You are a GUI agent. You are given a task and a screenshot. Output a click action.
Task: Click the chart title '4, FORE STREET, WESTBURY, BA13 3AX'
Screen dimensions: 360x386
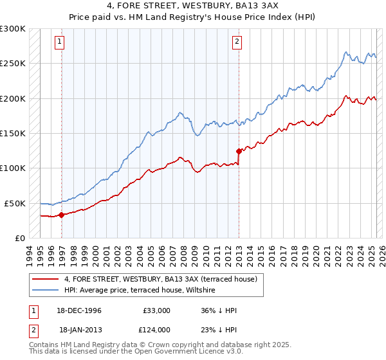(x=193, y=5)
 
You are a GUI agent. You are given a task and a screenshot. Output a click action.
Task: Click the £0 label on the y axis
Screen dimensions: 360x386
(x=21, y=238)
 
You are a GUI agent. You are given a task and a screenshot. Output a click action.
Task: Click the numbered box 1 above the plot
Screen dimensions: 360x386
(x=59, y=42)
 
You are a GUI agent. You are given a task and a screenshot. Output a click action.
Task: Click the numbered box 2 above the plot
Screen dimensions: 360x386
(x=237, y=42)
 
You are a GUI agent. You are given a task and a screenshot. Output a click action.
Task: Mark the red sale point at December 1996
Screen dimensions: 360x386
(x=62, y=215)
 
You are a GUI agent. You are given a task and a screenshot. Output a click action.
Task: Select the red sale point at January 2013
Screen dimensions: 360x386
(x=239, y=152)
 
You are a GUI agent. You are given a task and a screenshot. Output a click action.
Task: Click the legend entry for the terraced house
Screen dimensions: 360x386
(x=160, y=279)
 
